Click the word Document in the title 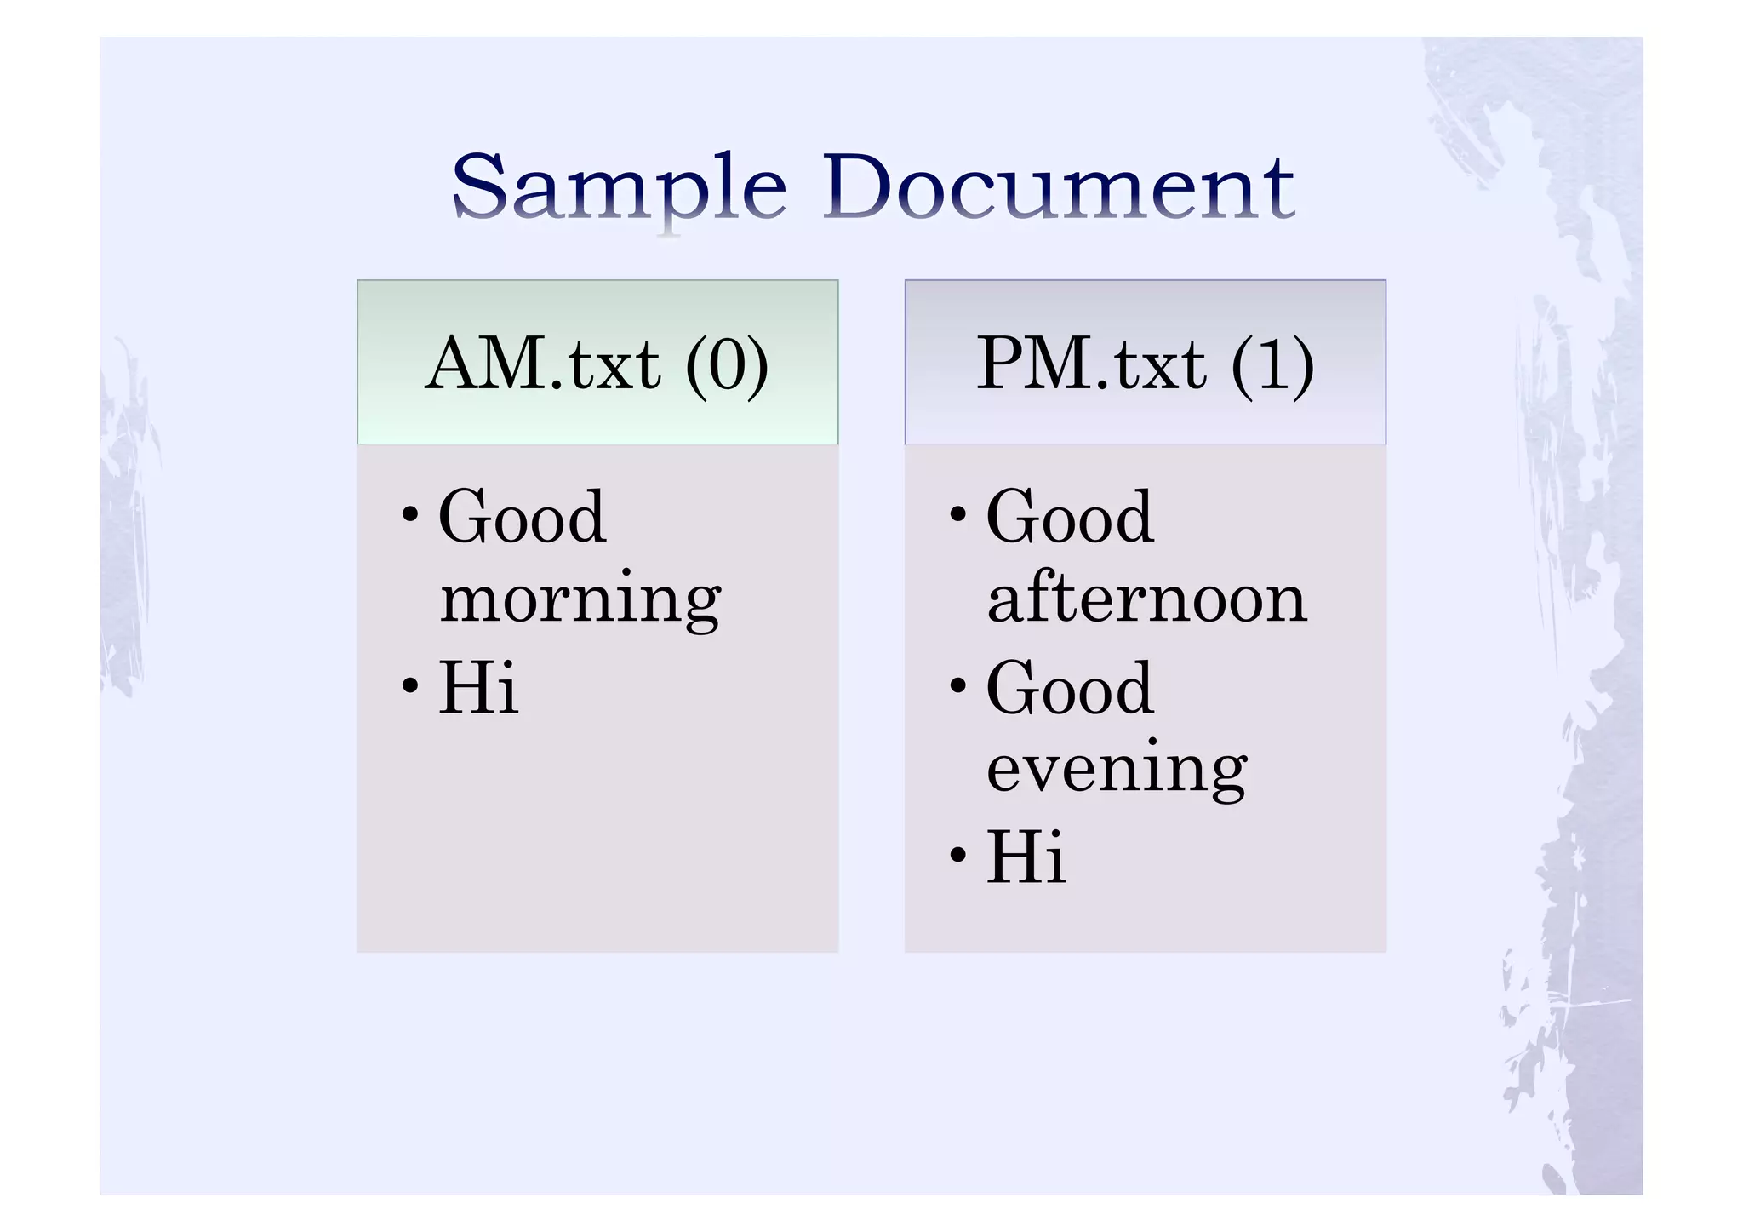(1058, 186)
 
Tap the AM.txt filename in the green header (543, 364)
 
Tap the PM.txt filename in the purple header (1090, 364)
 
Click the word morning (580, 600)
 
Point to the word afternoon (1146, 599)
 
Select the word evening (1117, 770)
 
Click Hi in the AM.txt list (477, 687)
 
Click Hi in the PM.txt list (1026, 857)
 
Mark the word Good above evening (1070, 688)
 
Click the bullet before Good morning (410, 515)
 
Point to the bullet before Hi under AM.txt (410, 685)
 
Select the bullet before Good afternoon (958, 515)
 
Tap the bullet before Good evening (958, 685)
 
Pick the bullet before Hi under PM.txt (958, 855)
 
